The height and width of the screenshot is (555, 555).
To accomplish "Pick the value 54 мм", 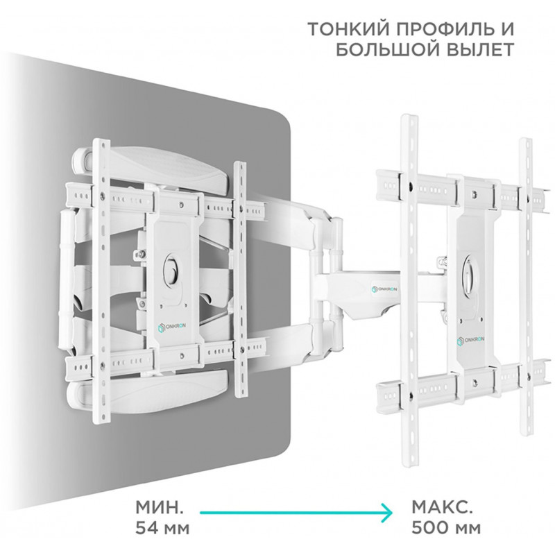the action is tap(162, 529).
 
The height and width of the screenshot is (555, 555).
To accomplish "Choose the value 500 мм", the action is tap(446, 529).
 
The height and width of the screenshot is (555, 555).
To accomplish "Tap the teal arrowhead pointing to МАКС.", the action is tap(386, 512).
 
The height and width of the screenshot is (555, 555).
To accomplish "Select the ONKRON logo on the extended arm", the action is tap(384, 289).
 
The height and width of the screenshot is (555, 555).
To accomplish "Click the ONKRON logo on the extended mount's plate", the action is tap(471, 341).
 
